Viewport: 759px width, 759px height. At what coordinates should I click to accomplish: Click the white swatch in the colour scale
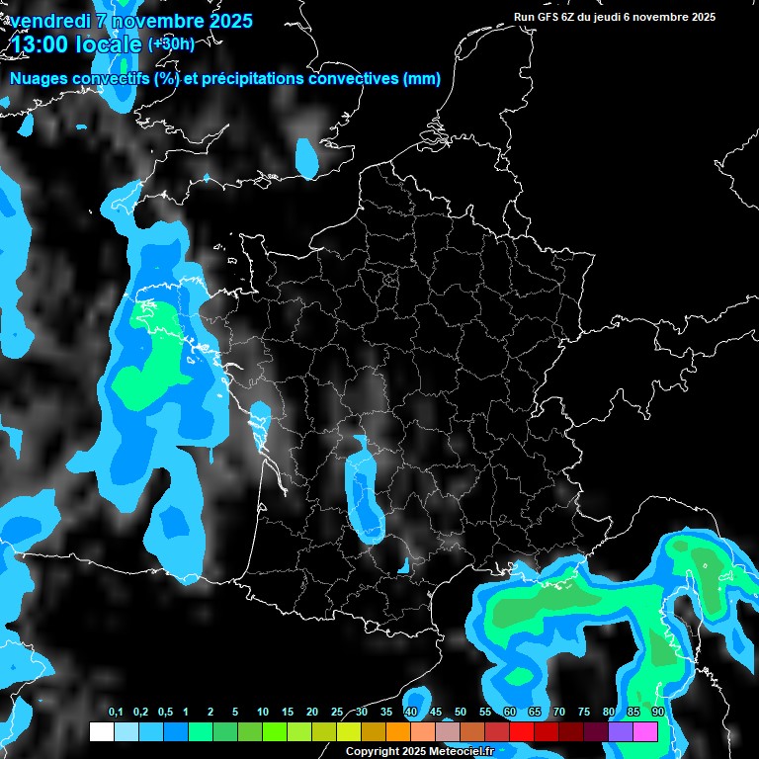coord(101,731)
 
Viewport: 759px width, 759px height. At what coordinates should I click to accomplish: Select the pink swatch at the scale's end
coord(645,731)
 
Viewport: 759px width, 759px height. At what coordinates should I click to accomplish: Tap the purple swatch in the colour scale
coord(621,731)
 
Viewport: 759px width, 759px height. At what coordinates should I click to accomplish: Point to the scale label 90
coord(657,713)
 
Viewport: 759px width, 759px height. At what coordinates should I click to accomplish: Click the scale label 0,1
coord(116,713)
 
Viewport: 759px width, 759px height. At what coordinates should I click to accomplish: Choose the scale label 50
coord(461,713)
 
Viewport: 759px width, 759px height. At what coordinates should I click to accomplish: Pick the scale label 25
coord(337,713)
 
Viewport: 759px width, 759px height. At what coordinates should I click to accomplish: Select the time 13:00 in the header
coord(42,44)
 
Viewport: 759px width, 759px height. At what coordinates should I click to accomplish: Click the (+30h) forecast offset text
coord(171,43)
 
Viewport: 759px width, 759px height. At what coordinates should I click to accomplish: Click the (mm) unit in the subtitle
coord(421,79)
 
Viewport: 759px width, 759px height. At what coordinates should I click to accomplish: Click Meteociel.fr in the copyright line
coord(461,752)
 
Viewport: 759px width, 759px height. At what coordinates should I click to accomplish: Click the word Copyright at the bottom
coord(371,752)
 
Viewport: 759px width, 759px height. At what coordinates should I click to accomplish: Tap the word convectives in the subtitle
coord(353,79)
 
